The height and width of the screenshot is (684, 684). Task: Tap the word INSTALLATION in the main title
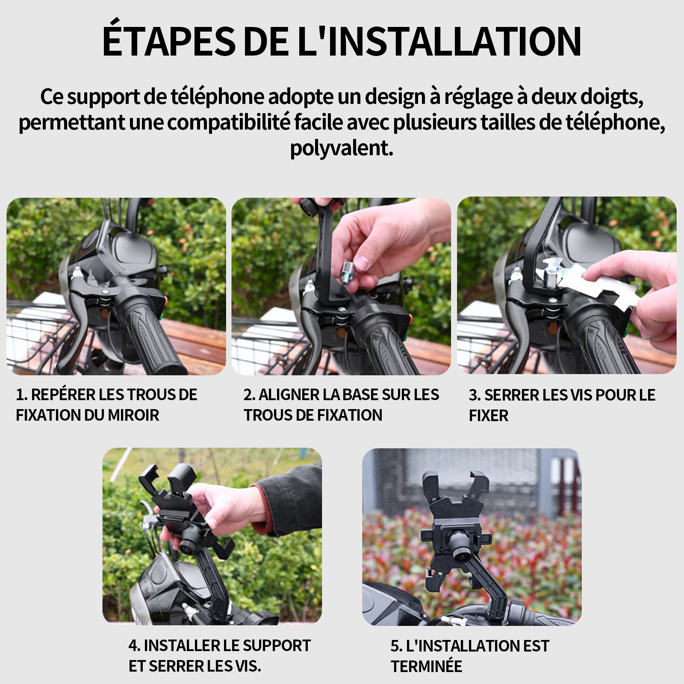tap(454, 41)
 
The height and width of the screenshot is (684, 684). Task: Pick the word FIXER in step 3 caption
tap(489, 416)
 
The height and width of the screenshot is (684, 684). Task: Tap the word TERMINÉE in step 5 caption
tap(426, 666)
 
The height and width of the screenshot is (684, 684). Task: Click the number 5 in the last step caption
tap(395, 646)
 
